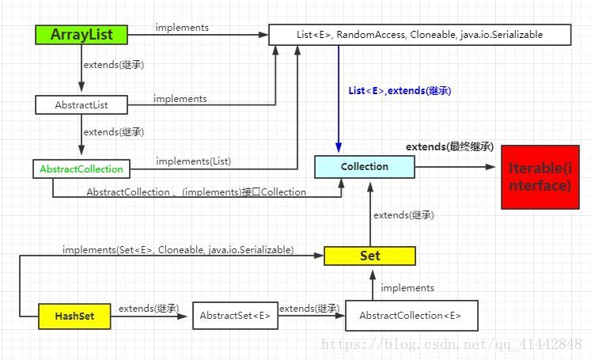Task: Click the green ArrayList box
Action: (81, 34)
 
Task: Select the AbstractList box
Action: (81, 104)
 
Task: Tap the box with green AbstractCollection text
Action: (81, 169)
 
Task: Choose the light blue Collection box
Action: (364, 167)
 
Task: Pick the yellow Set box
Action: (369, 256)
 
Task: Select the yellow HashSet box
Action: (74, 316)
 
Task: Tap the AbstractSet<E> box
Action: (234, 316)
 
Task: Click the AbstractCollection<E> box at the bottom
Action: (411, 315)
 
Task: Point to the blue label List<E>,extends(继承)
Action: (400, 91)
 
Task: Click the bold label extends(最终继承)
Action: (449, 147)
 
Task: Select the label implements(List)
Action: (193, 161)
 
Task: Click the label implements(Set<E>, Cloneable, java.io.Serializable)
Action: (178, 250)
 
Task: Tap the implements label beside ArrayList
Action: (182, 28)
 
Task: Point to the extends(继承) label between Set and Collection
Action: (403, 214)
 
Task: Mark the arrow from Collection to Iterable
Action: (455, 167)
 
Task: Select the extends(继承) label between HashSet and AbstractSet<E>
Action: (148, 308)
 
